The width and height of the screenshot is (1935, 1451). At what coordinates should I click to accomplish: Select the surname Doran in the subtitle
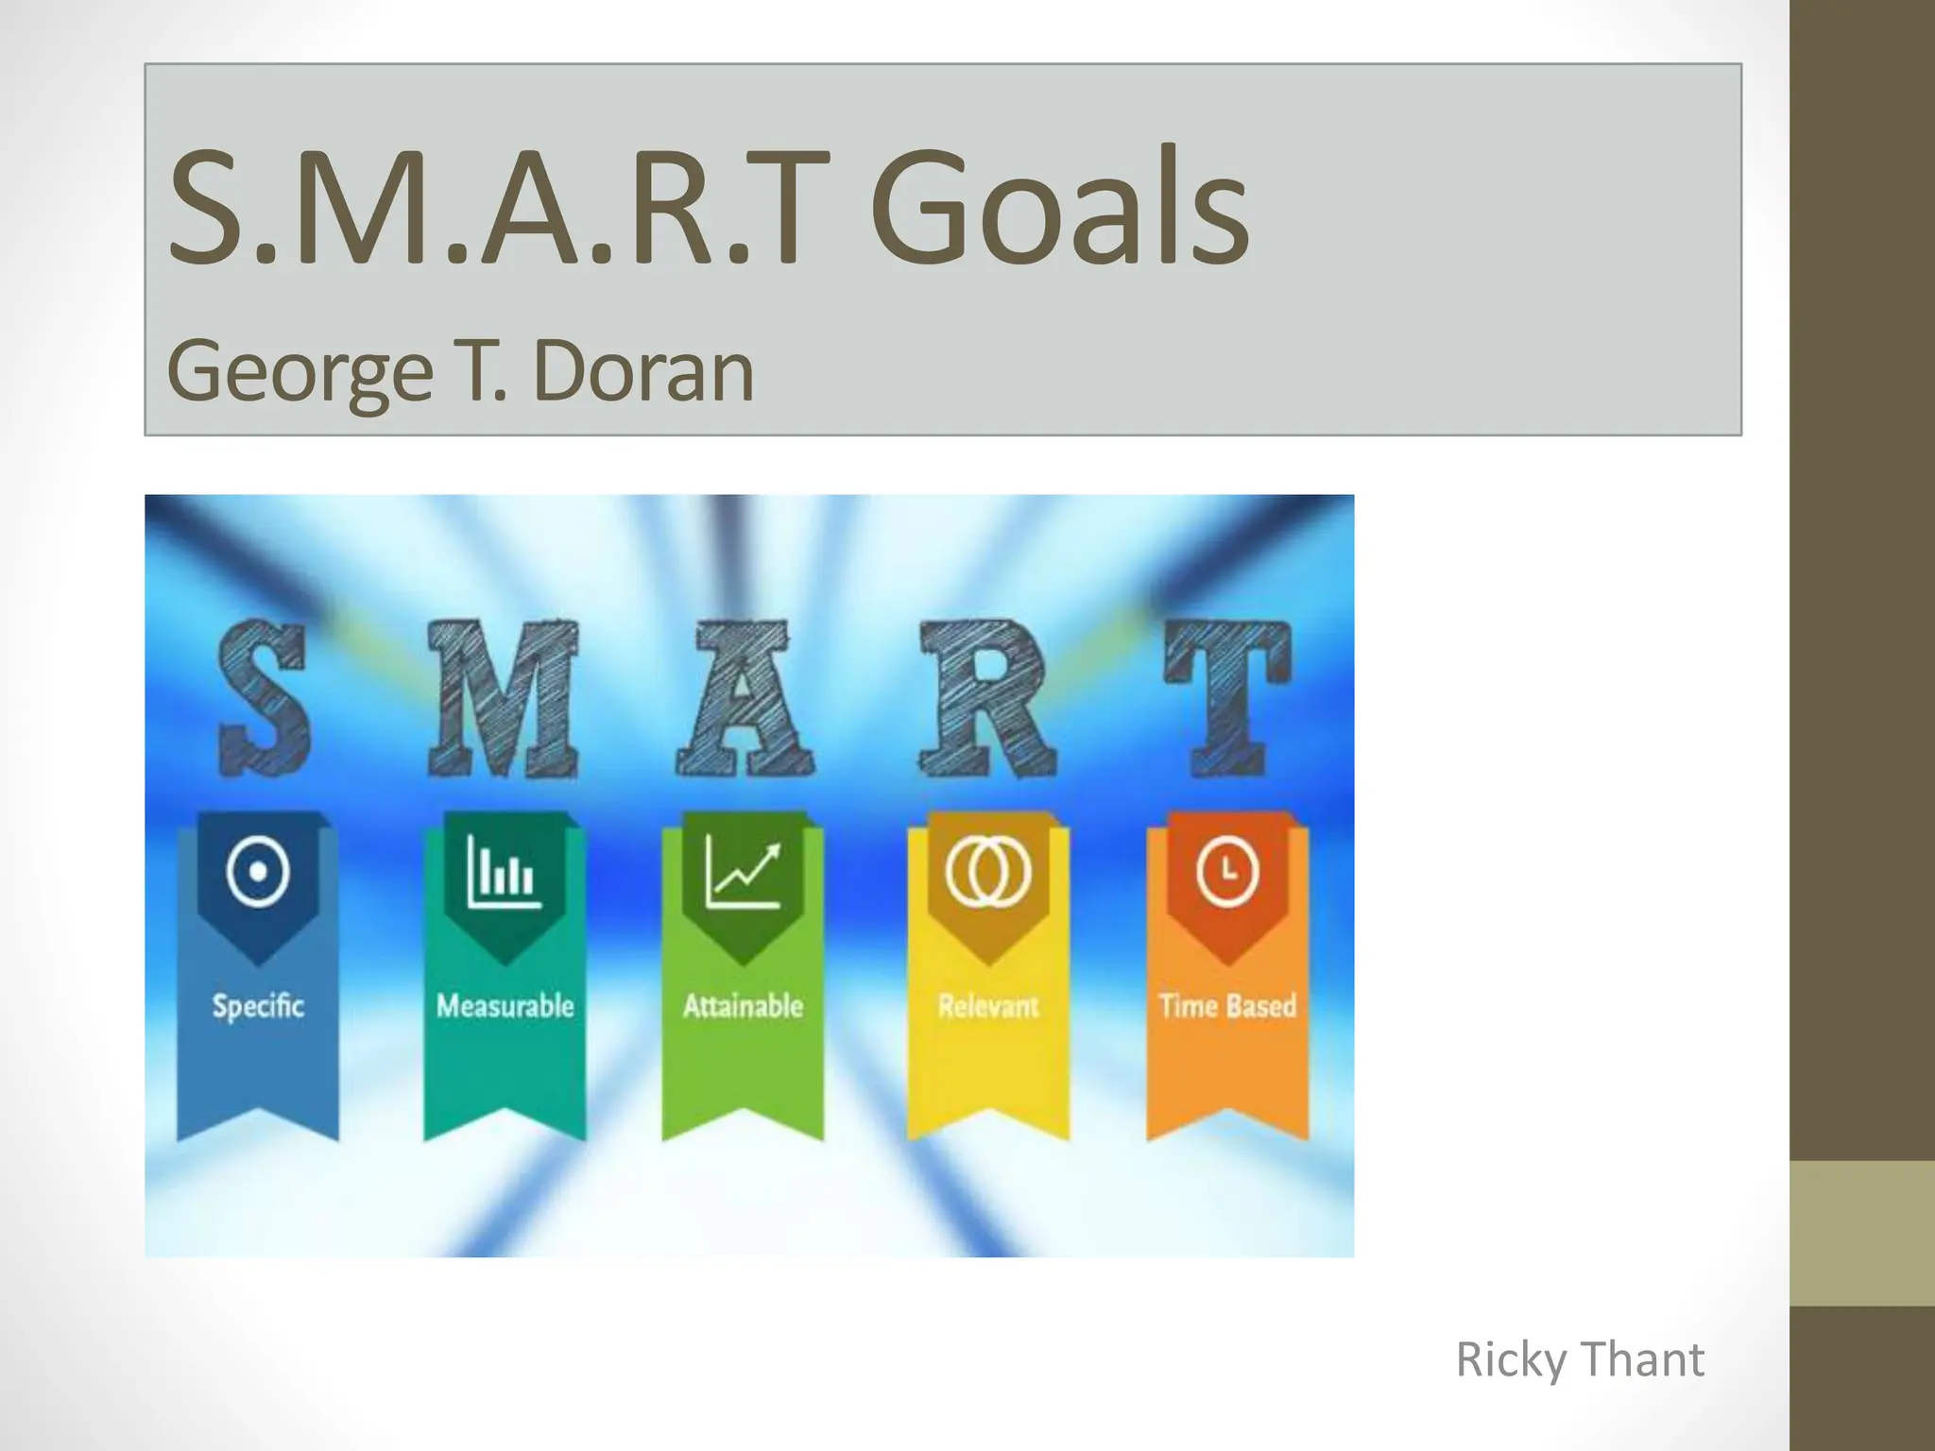pyautogui.click(x=643, y=370)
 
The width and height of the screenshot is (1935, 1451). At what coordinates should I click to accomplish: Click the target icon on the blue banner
pyautogui.click(x=258, y=872)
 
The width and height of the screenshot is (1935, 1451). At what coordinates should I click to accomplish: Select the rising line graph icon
pyautogui.click(x=744, y=872)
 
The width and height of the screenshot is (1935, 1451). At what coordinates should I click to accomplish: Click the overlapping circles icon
pyautogui.click(x=988, y=872)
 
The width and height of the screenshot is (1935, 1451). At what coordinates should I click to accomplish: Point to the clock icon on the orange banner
pyautogui.click(x=1227, y=872)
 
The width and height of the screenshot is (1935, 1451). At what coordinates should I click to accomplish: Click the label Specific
pyautogui.click(x=258, y=1005)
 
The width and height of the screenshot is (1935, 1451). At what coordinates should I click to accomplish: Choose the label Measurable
pyautogui.click(x=505, y=1005)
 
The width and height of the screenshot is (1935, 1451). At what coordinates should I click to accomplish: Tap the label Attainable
pyautogui.click(x=743, y=1005)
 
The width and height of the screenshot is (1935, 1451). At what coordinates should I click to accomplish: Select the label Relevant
pyautogui.click(x=988, y=1005)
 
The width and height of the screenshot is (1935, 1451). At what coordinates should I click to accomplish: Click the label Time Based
pyautogui.click(x=1227, y=1005)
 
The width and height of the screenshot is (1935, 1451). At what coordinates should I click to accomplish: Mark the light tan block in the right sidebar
pyautogui.click(x=1862, y=1233)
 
